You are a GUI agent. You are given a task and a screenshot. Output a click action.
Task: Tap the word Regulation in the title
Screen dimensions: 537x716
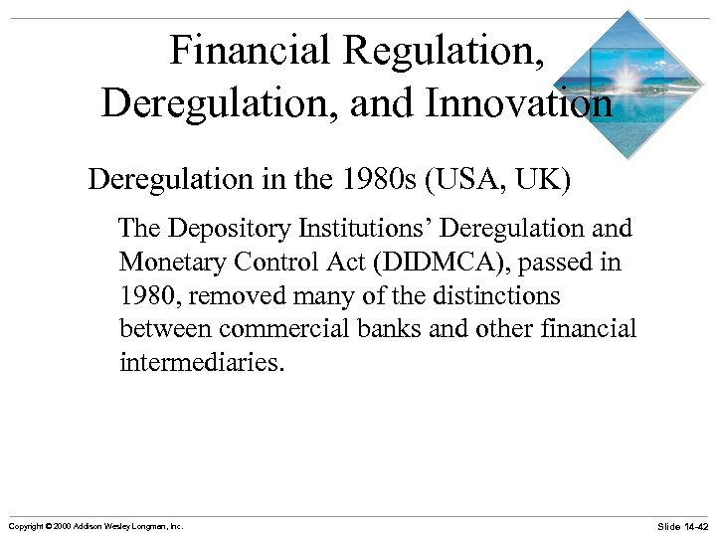click(x=458, y=50)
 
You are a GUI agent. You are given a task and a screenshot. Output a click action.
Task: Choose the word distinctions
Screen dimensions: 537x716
click(x=491, y=296)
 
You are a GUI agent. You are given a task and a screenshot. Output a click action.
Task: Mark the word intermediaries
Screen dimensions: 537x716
click(x=202, y=362)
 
